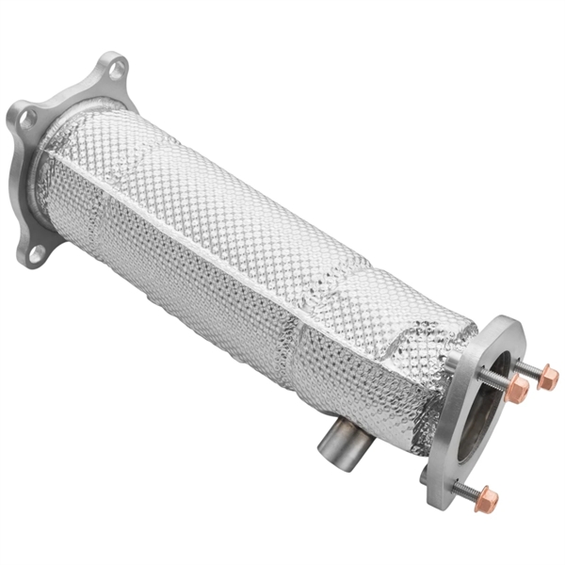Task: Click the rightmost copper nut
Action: click(x=548, y=379)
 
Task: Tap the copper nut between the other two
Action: click(x=517, y=388)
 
